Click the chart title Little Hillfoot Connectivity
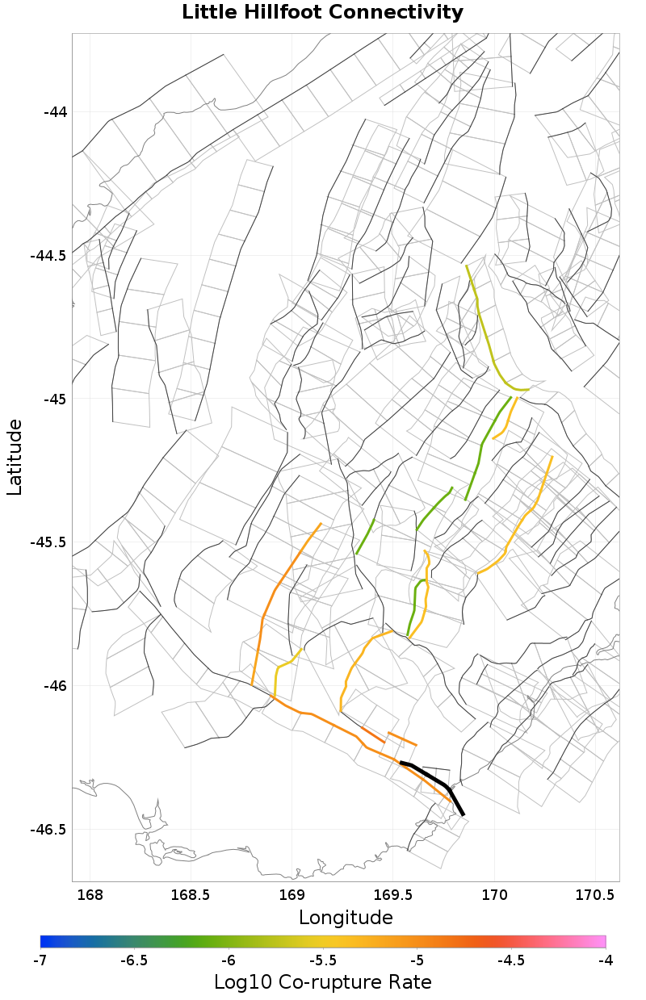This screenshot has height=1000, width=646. tap(322, 13)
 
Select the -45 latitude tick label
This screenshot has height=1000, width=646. tap(54, 400)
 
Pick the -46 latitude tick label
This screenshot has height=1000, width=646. tap(54, 686)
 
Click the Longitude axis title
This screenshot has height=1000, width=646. tap(346, 918)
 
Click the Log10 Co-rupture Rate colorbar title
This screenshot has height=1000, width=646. tap(322, 982)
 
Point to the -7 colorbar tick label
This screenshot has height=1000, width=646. tap(40, 960)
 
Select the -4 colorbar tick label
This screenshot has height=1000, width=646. tap(606, 960)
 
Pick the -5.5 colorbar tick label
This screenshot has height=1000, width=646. tap(323, 960)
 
